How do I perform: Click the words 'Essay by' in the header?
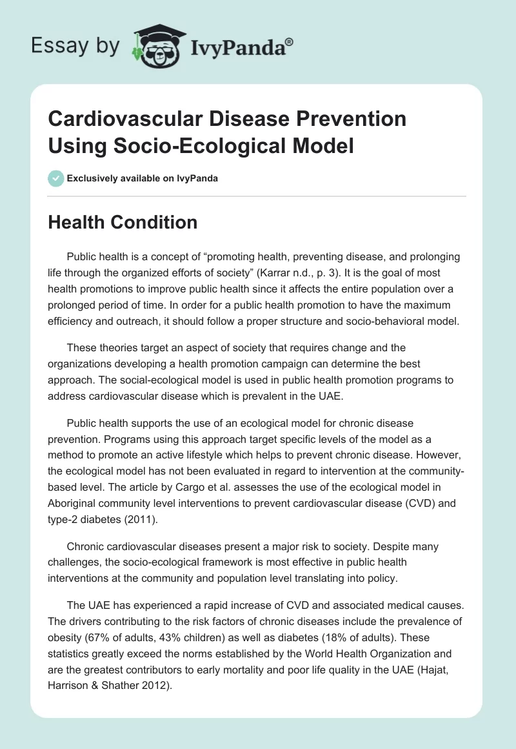tap(76, 46)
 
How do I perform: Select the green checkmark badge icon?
tap(56, 178)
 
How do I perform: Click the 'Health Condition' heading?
tap(123, 223)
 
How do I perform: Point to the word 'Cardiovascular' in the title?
tap(123, 119)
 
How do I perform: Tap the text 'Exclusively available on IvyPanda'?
tap(143, 178)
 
